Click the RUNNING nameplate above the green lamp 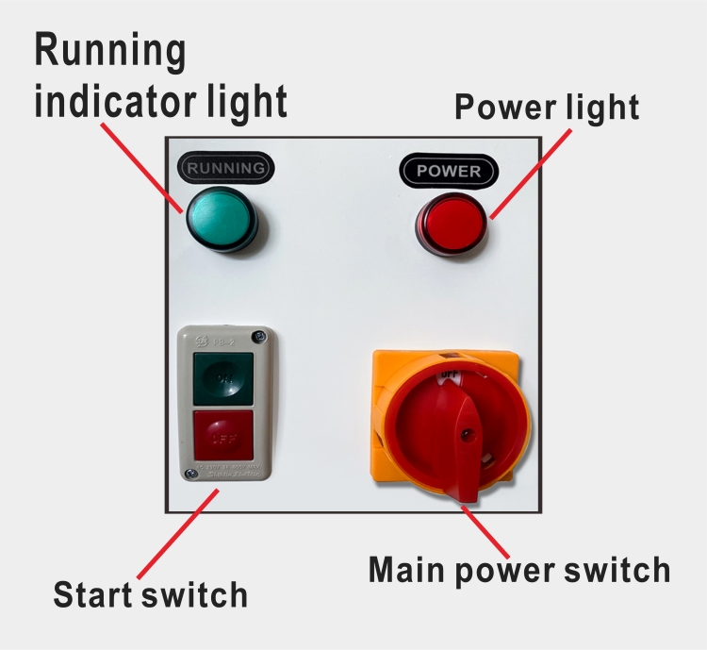tap(226, 169)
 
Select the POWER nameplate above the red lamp tap(449, 171)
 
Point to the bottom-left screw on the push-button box tap(192, 473)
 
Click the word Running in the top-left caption tap(110, 51)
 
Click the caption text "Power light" tap(547, 108)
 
